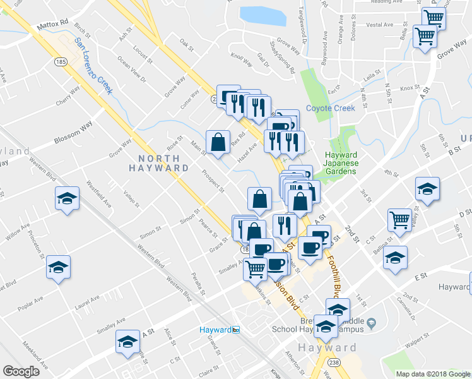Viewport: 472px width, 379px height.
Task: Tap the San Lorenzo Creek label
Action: click(x=93, y=66)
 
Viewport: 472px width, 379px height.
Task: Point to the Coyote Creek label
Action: click(x=331, y=108)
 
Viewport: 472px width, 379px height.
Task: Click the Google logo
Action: click(x=21, y=371)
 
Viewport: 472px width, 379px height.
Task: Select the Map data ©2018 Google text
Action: click(x=433, y=374)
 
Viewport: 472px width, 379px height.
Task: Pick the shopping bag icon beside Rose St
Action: click(x=218, y=143)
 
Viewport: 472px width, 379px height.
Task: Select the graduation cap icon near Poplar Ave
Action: click(x=58, y=268)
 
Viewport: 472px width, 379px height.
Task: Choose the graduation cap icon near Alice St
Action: click(x=128, y=343)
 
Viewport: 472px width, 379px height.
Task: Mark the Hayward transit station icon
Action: click(x=236, y=330)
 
